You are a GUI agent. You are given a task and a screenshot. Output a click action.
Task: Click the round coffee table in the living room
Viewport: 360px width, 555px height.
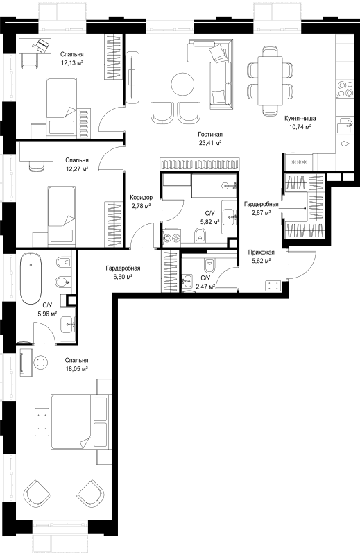[x=182, y=84]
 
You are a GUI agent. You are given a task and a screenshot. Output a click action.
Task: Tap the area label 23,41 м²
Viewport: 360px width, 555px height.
[x=210, y=143]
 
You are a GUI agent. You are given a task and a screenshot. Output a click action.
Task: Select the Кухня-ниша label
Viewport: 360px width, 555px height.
[x=300, y=118]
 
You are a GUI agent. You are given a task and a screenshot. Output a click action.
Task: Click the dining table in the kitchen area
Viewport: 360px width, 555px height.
[x=271, y=81]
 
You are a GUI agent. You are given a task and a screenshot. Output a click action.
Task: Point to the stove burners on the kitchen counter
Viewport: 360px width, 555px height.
[x=344, y=89]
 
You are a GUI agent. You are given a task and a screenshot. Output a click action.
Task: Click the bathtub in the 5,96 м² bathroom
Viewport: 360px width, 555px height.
[x=31, y=278]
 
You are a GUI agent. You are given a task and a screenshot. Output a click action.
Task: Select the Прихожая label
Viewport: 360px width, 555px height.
[x=262, y=253]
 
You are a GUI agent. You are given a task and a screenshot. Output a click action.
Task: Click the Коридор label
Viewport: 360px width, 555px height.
[x=142, y=198]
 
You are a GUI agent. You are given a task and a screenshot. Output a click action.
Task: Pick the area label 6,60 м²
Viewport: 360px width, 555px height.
[x=123, y=277]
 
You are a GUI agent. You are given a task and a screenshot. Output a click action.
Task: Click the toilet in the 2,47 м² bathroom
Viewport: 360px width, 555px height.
[x=209, y=265]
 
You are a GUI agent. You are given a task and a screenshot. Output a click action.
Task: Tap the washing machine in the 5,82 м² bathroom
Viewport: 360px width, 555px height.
[x=172, y=238]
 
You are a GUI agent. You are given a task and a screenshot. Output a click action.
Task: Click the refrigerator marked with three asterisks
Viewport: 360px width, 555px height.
[x=298, y=162]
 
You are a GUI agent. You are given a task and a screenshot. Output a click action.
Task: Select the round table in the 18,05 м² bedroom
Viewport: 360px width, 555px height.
[x=40, y=362]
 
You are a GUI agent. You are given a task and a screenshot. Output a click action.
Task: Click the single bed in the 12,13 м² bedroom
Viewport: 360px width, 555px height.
[x=61, y=108]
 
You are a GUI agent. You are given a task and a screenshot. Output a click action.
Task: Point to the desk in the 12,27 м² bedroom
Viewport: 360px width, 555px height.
[x=37, y=151]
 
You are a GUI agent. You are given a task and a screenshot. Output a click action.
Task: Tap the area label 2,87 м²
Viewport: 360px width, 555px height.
[x=262, y=212]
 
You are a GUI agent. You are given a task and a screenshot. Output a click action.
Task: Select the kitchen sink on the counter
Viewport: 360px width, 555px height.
[x=345, y=126]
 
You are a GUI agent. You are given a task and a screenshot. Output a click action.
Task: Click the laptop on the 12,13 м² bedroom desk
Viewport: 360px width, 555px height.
[x=42, y=45]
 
